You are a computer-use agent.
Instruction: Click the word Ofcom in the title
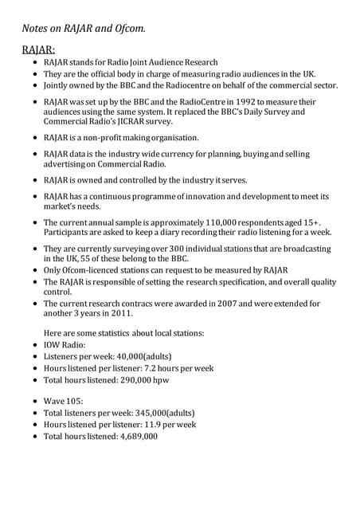[125, 29]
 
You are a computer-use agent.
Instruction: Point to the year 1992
[225, 101]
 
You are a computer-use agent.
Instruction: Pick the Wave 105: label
[66, 402]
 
